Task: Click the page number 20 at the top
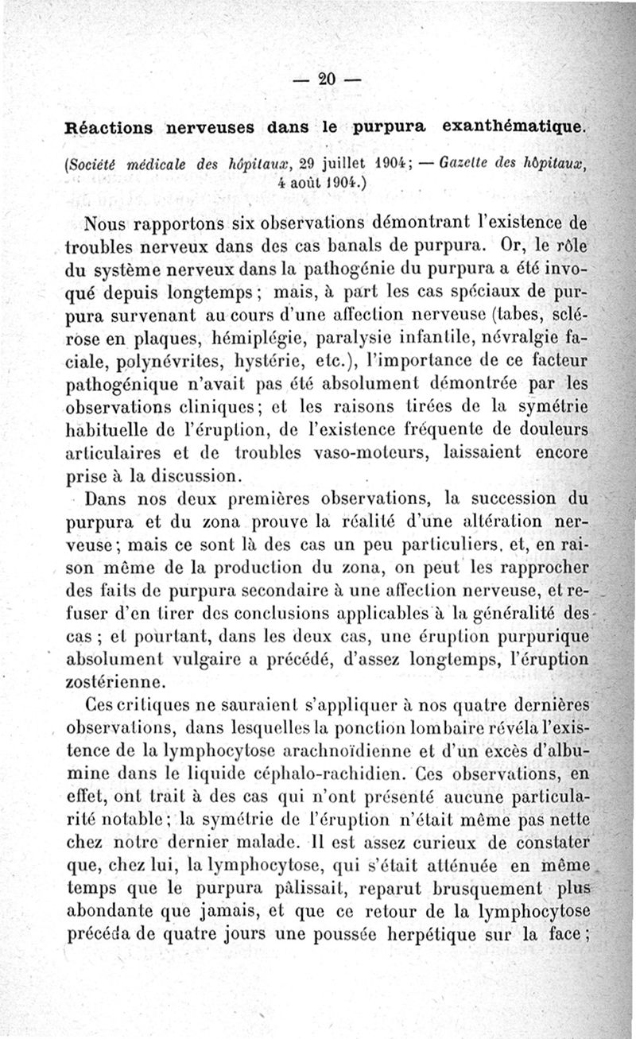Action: pos(327,78)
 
